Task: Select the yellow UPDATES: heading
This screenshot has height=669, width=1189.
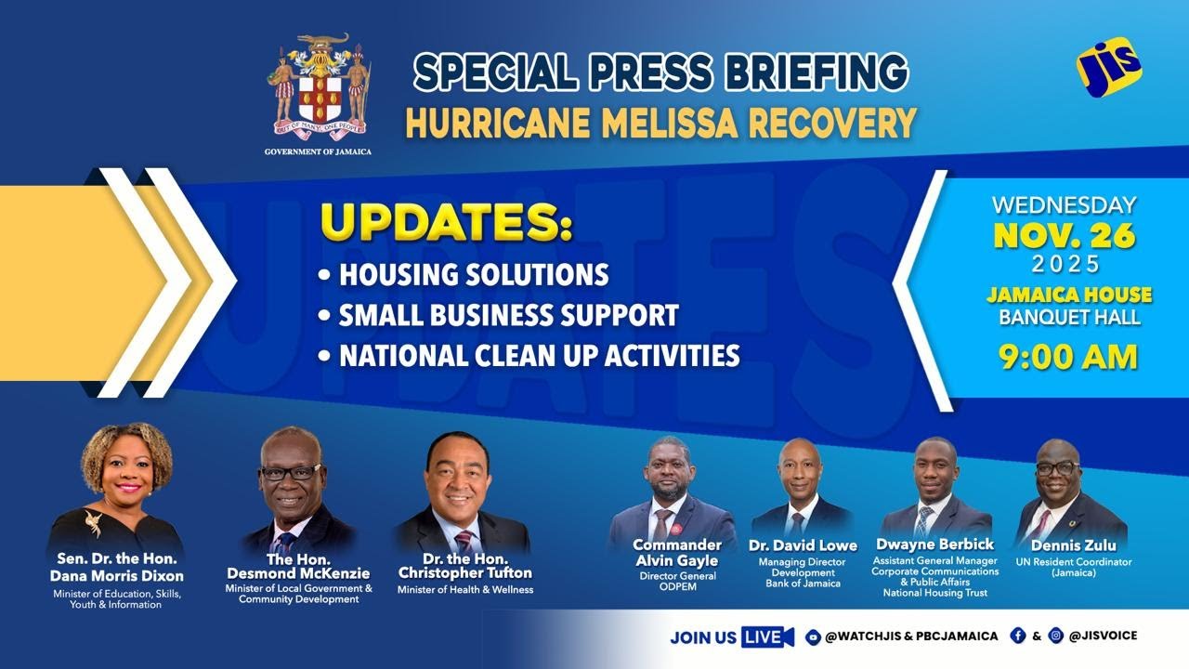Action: click(446, 225)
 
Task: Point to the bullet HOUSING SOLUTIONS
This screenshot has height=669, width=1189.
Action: click(473, 275)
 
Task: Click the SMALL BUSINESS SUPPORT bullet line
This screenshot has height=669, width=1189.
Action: click(507, 315)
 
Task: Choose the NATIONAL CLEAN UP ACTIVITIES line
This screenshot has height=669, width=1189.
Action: click(539, 355)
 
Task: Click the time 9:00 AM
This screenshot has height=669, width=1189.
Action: click(1068, 357)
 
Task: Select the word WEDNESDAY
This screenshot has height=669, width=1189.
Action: click(1064, 204)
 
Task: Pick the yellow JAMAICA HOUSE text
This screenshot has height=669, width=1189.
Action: click(1069, 295)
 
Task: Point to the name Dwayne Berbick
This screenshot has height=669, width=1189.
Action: click(934, 544)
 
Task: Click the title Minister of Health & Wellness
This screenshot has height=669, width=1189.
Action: click(465, 589)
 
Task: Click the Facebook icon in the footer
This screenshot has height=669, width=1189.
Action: click(1018, 636)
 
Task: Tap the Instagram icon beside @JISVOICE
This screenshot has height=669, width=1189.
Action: click(1055, 636)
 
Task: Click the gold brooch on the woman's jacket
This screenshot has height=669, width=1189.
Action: click(93, 523)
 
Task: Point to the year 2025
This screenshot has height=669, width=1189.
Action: click(1065, 265)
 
